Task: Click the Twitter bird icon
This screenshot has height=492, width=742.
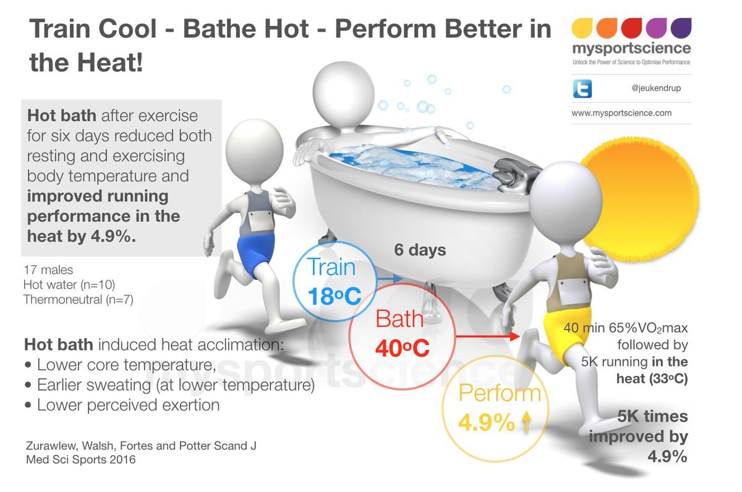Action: (582, 88)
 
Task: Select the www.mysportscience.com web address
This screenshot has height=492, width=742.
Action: (621, 113)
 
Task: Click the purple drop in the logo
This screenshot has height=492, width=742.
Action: (681, 28)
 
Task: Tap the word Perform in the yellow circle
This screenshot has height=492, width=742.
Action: (500, 394)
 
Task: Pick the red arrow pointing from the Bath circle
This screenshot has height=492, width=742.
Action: (485, 337)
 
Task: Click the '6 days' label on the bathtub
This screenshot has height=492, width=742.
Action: (420, 250)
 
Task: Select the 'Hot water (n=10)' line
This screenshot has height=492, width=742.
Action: (69, 284)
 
